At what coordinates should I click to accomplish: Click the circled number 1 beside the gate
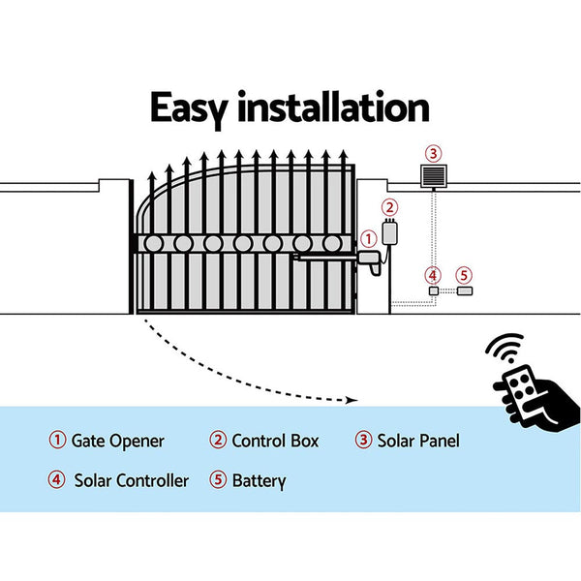[367, 238]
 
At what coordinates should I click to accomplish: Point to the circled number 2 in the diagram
[388, 206]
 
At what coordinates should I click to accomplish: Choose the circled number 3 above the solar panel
[433, 152]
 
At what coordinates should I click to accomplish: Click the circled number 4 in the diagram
[433, 275]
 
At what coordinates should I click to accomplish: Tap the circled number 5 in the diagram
[464, 275]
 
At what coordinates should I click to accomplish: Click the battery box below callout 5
[464, 290]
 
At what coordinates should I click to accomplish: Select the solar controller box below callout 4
[433, 290]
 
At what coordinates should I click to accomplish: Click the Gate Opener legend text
[117, 441]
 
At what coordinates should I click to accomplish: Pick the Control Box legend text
[274, 441]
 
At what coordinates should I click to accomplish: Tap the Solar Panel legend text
[418, 441]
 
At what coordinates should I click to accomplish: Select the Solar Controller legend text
[131, 480]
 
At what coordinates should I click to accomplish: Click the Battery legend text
[259, 480]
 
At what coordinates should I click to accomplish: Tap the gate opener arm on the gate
[329, 258]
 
